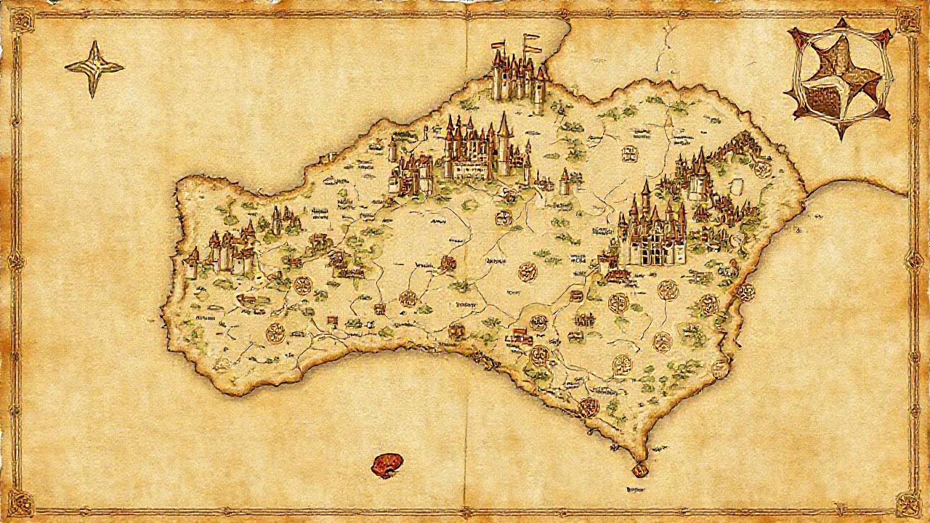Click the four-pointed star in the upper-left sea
(x=94, y=68)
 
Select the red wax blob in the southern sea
(x=386, y=464)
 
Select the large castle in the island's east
(x=653, y=232)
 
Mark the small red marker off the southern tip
(x=639, y=471)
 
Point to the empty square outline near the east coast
(x=740, y=186)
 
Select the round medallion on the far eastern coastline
(x=745, y=293)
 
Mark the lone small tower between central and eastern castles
(x=565, y=182)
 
